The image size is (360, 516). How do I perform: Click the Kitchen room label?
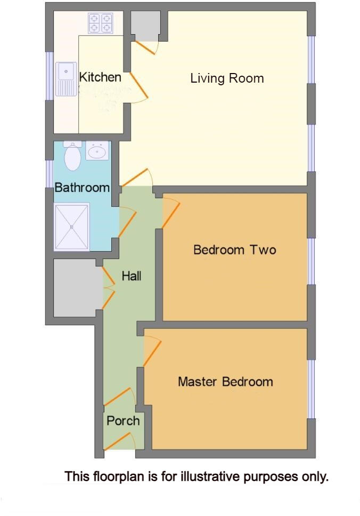pos(100,77)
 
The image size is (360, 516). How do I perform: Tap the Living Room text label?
pos(227,78)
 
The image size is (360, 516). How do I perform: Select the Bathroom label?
pos(82,188)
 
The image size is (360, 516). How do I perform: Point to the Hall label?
pos(132,276)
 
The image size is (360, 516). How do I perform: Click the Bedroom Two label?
pos(234,249)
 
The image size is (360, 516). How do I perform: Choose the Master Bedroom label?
pos(225,382)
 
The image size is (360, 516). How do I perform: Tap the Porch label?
pos(123,421)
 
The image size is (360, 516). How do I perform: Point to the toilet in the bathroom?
pos(72,155)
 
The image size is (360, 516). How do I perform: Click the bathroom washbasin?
pos(97,151)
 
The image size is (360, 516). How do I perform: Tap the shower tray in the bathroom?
pos(72,226)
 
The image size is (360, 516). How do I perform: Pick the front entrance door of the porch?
pos(119,441)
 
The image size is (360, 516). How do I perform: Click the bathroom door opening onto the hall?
pos(127,223)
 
